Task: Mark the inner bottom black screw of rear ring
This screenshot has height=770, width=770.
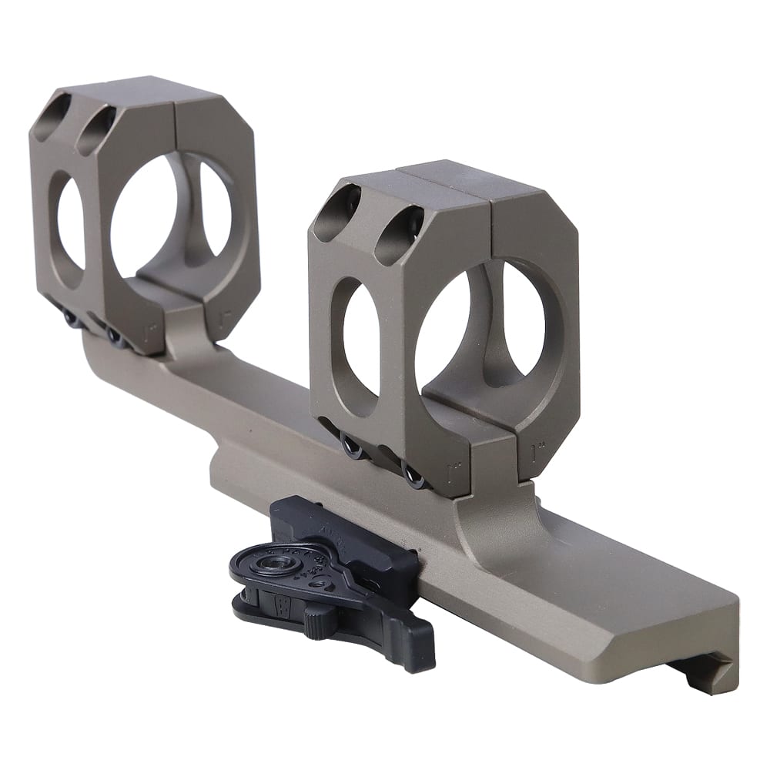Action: click(x=115, y=335)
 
